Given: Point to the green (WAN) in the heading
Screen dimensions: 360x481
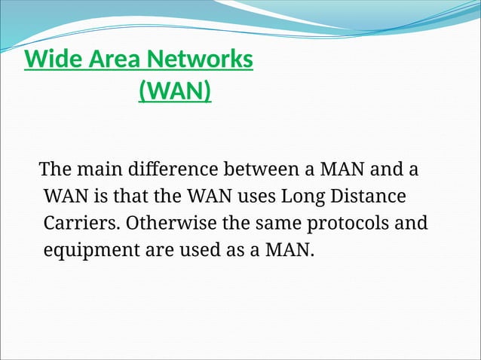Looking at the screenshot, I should (x=175, y=91).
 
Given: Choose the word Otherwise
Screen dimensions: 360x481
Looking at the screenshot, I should (x=167, y=224).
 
